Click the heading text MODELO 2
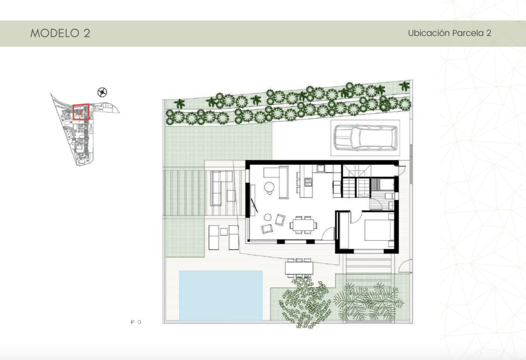(x=60, y=33)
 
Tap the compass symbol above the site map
(x=103, y=93)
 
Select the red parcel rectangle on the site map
(x=81, y=111)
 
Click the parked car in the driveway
(x=365, y=137)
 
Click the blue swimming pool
(x=220, y=294)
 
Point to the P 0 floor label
(x=136, y=322)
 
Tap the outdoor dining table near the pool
(x=299, y=268)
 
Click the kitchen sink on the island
(x=309, y=182)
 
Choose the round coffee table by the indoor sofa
(x=270, y=186)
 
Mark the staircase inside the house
(x=355, y=187)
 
